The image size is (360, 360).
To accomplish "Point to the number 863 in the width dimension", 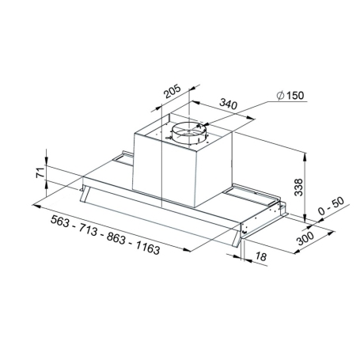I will click(115, 239).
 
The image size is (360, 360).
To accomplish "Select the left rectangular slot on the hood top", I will click(124, 161).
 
